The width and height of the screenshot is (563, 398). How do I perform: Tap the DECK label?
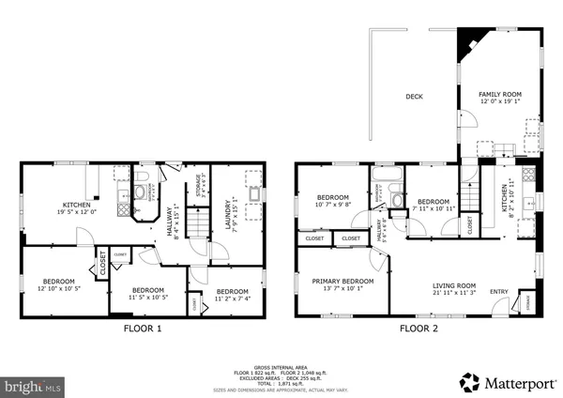tap(414, 96)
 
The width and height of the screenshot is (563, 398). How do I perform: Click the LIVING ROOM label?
tap(454, 285)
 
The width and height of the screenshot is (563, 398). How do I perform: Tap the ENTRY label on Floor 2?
tap(499, 291)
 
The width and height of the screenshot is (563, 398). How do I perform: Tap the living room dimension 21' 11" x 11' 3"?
tap(454, 293)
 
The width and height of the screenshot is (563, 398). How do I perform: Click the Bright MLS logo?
tap(34, 385)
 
